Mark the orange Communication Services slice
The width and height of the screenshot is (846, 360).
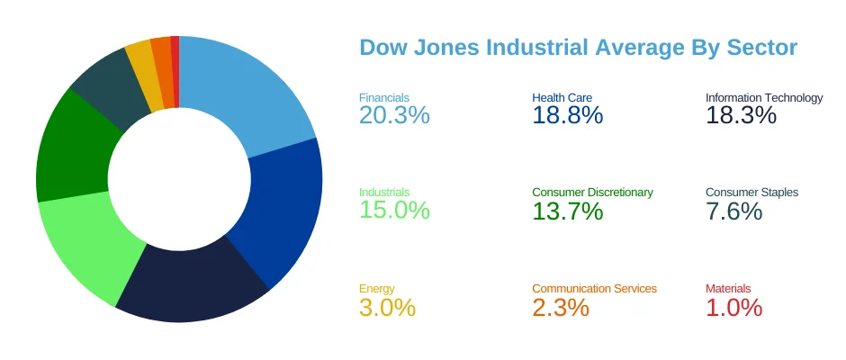pyautogui.click(x=164, y=72)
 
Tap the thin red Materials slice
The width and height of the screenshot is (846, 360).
pyautogui.click(x=175, y=72)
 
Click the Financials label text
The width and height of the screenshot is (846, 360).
pyautogui.click(x=384, y=98)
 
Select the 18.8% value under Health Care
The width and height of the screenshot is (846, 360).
pyautogui.click(x=568, y=115)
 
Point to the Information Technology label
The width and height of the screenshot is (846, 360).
pyautogui.click(x=764, y=98)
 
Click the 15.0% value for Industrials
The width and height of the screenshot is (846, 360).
pyautogui.click(x=394, y=210)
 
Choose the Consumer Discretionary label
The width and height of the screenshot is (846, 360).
pyautogui.click(x=592, y=192)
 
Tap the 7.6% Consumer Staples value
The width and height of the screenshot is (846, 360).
pyautogui.click(x=733, y=211)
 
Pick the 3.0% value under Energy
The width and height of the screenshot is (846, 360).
pyautogui.click(x=387, y=307)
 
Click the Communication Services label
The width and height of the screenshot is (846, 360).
pyautogui.click(x=595, y=289)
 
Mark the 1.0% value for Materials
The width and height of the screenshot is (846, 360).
pyautogui.click(x=733, y=307)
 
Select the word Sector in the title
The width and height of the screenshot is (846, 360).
pyautogui.click(x=761, y=48)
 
